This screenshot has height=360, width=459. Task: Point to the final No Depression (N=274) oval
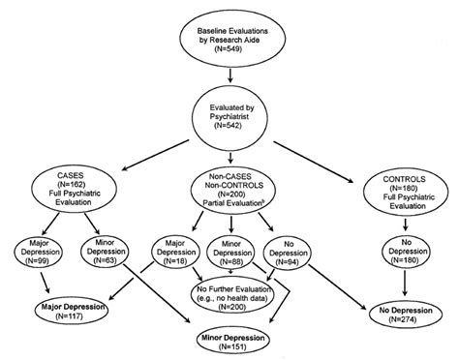(397, 312)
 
